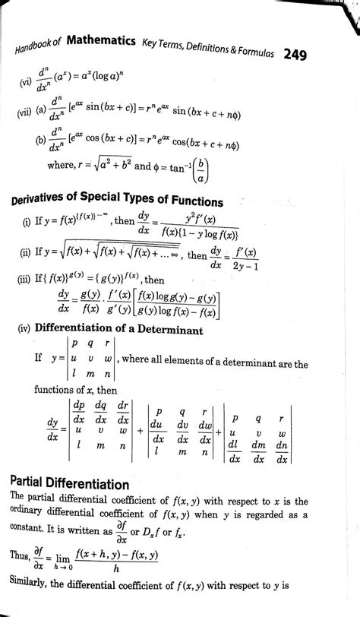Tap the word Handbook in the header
(33, 48)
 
